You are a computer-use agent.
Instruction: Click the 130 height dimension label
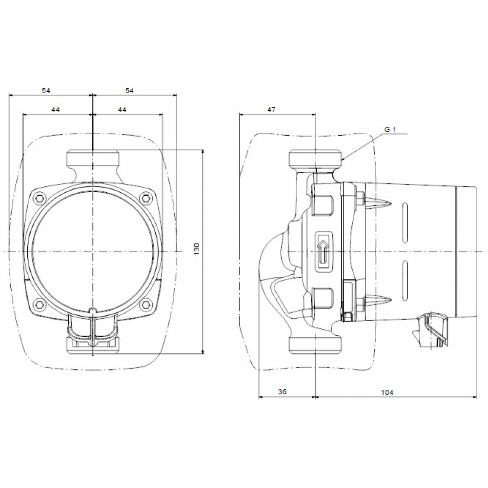197,249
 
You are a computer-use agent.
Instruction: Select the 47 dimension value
272,109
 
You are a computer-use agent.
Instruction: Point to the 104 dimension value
386,392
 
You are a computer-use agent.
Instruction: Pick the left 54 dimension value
46,90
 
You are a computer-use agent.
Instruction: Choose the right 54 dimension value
129,90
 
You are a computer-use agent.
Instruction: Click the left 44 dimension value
55,110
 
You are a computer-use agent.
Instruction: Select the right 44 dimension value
122,110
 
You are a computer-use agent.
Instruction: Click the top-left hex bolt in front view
39,198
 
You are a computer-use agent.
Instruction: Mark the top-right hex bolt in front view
146,198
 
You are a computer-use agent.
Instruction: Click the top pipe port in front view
92,159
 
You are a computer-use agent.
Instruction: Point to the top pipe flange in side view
316,159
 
